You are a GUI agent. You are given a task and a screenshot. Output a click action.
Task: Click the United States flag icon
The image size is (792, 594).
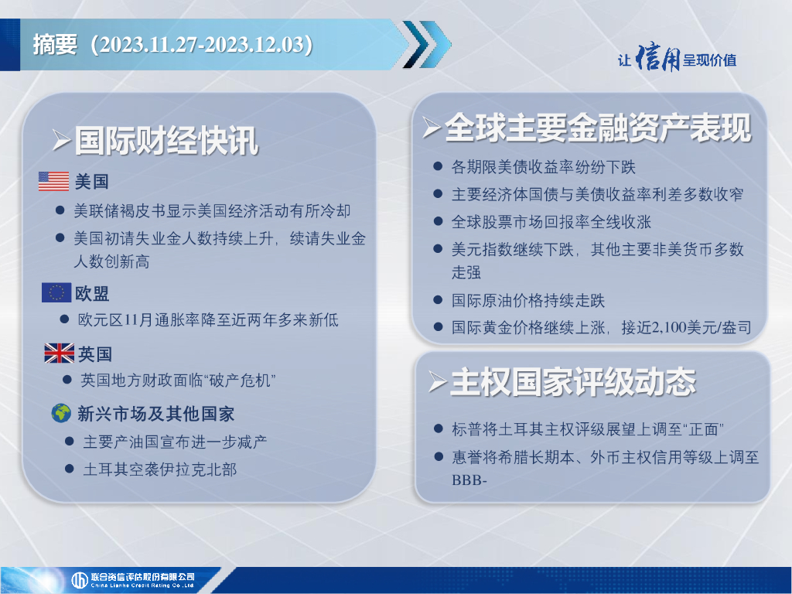tap(53, 181)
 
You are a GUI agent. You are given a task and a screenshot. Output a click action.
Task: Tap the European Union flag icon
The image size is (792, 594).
tap(56, 292)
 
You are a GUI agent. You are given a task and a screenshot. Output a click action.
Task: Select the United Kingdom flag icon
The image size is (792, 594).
tap(59, 353)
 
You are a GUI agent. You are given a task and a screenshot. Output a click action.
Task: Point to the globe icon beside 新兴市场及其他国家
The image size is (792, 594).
tap(61, 413)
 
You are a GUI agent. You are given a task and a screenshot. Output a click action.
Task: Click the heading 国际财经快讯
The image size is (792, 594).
tap(166, 141)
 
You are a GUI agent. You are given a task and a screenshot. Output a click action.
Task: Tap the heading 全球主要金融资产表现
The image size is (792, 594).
tap(598, 128)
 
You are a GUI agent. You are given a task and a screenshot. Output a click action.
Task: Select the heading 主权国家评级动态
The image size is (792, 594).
tap(573, 382)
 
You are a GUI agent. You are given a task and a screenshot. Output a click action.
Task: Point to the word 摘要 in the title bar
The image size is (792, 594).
tap(55, 44)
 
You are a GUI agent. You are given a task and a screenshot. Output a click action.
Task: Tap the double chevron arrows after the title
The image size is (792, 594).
tap(427, 44)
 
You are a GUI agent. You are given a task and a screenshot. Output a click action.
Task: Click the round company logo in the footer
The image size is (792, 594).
tap(80, 580)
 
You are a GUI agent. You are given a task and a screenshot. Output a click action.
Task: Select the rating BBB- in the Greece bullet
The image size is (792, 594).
tap(469, 480)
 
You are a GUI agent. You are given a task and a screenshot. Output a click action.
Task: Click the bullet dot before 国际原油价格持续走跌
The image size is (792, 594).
tap(438, 300)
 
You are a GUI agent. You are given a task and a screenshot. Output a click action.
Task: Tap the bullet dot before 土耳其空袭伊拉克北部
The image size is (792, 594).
tap(70, 469)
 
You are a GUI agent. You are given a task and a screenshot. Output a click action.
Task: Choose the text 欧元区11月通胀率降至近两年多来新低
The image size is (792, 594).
tap(208, 319)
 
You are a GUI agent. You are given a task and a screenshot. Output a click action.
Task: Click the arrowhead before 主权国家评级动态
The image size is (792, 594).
tap(438, 382)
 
